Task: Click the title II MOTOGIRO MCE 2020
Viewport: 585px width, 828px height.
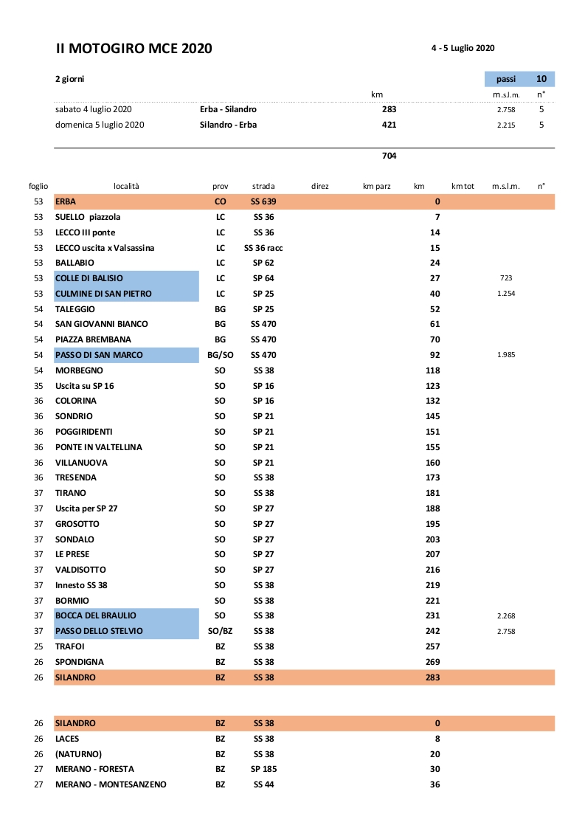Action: (x=134, y=49)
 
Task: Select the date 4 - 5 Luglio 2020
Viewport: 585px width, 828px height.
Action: (x=463, y=48)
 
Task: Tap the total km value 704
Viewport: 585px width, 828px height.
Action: (x=389, y=156)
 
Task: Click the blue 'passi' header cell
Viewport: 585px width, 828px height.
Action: (x=506, y=79)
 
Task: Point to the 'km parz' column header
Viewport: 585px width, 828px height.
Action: (x=376, y=187)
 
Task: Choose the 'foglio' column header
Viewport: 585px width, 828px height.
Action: (x=38, y=187)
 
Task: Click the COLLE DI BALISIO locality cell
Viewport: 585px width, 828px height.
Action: (x=126, y=278)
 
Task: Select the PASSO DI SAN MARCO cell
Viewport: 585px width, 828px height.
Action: (x=126, y=355)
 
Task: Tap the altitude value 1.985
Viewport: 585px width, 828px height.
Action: (x=506, y=355)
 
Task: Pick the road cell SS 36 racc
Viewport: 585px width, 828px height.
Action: (x=263, y=248)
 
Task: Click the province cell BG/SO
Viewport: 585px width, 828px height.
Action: (x=220, y=355)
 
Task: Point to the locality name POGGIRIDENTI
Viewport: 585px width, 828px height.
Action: (x=84, y=432)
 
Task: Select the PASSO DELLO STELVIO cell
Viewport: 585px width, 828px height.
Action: (x=126, y=631)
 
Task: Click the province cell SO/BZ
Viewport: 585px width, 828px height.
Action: (x=220, y=631)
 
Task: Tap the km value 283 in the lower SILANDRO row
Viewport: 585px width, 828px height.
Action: (x=432, y=677)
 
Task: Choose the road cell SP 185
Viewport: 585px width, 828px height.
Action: (x=263, y=769)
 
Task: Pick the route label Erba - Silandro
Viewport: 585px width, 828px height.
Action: (x=228, y=109)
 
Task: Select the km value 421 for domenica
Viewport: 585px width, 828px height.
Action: (x=389, y=125)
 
